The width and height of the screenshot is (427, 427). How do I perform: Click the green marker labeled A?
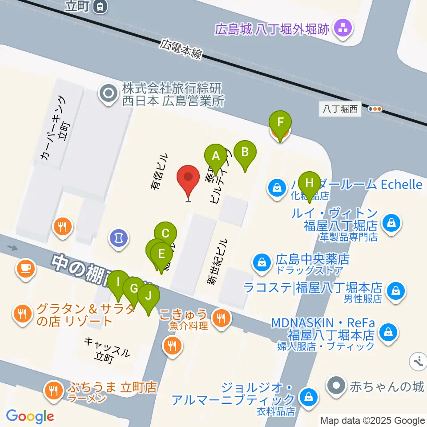click(x=216, y=156)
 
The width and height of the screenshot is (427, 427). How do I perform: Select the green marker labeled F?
click(x=280, y=122)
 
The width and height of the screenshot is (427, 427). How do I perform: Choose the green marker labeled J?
click(x=149, y=296)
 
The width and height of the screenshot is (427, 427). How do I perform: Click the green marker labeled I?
click(x=118, y=282)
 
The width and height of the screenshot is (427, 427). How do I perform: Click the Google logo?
click(x=30, y=417)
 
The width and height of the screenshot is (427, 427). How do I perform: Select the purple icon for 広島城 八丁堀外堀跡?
click(x=343, y=29)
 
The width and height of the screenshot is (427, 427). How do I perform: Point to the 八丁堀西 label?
click(x=340, y=109)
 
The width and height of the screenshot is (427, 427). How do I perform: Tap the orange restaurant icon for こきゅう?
click(x=221, y=318)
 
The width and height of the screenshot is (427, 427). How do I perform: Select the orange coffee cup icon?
click(x=25, y=268)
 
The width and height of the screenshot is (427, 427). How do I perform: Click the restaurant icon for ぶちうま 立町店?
click(x=54, y=391)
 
